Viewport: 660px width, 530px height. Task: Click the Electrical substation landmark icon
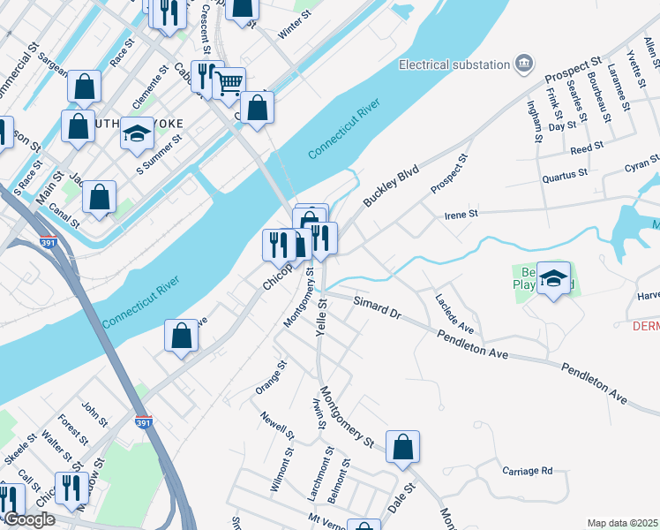525,64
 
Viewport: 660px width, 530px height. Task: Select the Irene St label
461,214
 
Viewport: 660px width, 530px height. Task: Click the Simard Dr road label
377,307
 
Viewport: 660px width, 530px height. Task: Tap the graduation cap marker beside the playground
553,279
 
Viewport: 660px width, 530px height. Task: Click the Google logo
29,519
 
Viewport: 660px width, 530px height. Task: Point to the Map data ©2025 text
622,523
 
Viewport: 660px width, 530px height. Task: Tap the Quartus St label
565,174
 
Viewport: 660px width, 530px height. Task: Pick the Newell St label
277,425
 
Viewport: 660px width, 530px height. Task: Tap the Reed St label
586,147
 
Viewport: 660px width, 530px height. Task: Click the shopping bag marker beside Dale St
402,447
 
